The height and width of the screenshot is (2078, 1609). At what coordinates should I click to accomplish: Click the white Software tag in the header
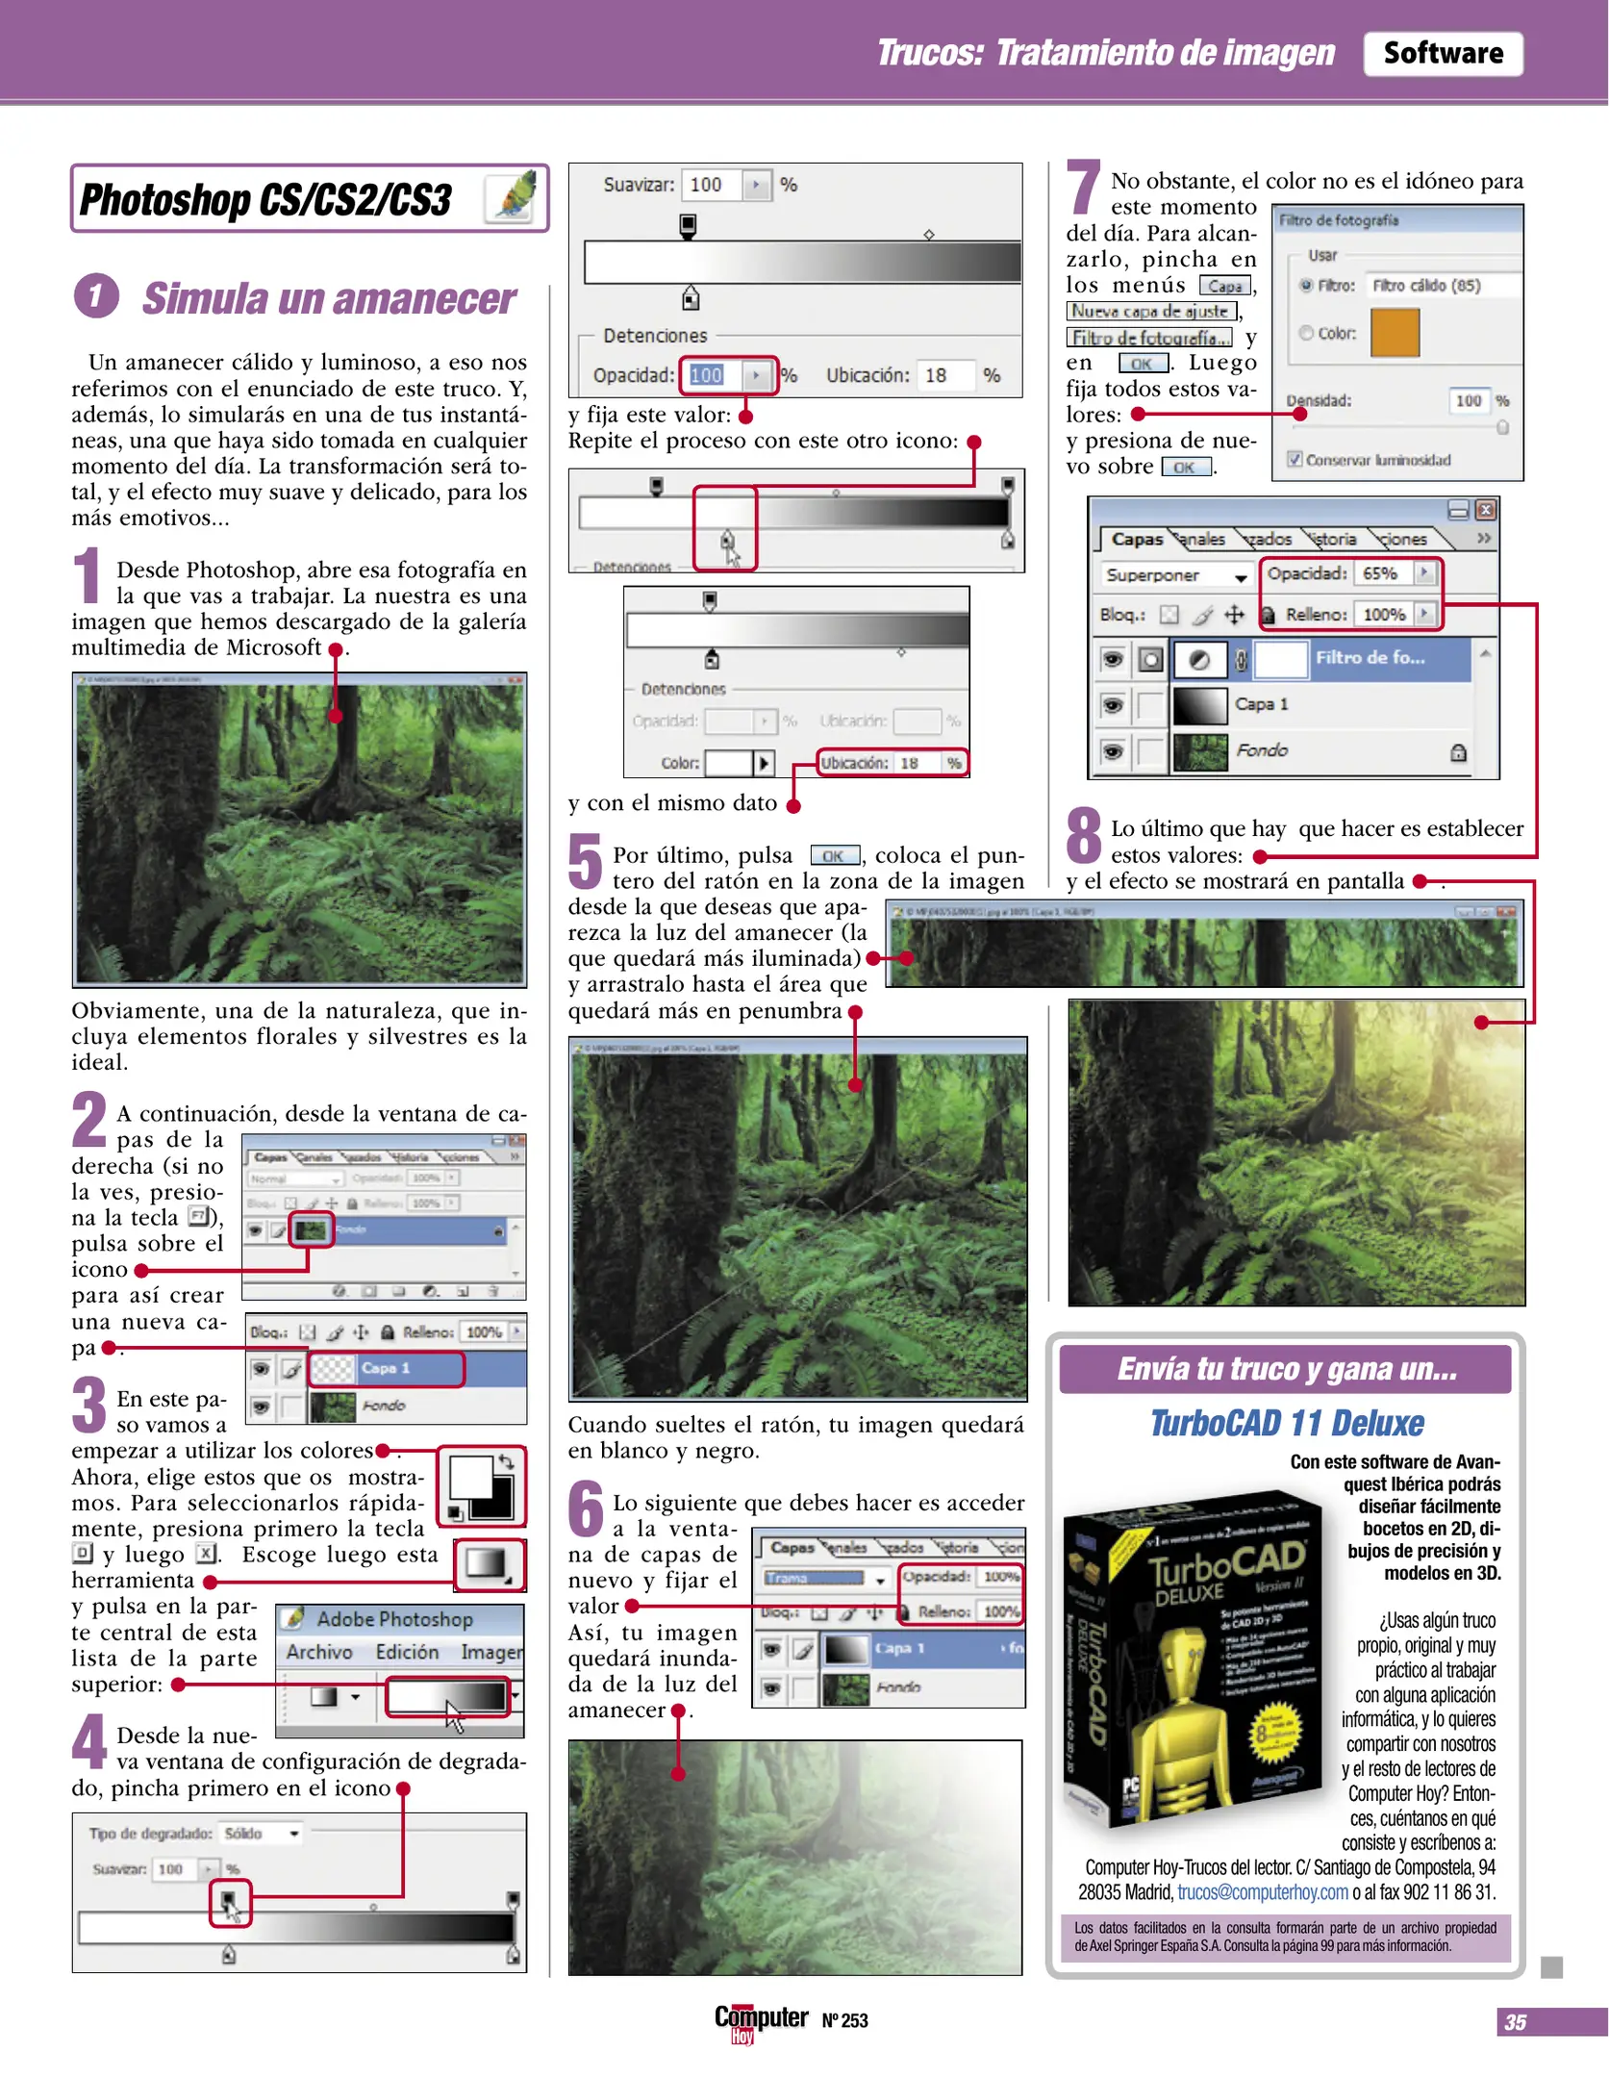point(1442,53)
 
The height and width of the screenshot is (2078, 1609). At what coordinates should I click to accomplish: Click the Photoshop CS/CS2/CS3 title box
point(308,199)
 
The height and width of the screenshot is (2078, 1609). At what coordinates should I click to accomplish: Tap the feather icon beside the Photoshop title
point(513,196)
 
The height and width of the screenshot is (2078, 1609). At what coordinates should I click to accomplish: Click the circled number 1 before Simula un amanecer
point(96,295)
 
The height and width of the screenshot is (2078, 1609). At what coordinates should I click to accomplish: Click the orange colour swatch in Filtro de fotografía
point(1394,333)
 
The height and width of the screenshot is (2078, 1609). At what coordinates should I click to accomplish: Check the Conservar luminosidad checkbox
point(1295,460)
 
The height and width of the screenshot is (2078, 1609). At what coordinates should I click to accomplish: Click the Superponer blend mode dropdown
point(1174,575)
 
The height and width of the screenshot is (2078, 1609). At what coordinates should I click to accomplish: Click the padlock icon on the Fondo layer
point(1458,751)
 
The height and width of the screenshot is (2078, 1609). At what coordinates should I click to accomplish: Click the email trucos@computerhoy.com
point(1262,1892)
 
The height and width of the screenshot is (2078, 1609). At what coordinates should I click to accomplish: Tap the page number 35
point(1515,2022)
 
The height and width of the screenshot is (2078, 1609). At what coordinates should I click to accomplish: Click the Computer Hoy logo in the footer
point(760,2020)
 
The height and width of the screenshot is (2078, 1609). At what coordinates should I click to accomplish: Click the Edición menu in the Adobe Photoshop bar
point(407,1652)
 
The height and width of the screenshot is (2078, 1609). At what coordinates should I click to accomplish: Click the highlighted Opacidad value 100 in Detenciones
point(707,375)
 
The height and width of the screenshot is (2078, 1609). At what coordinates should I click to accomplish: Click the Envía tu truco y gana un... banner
point(1285,1369)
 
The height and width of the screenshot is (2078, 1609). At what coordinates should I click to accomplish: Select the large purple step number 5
point(585,861)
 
